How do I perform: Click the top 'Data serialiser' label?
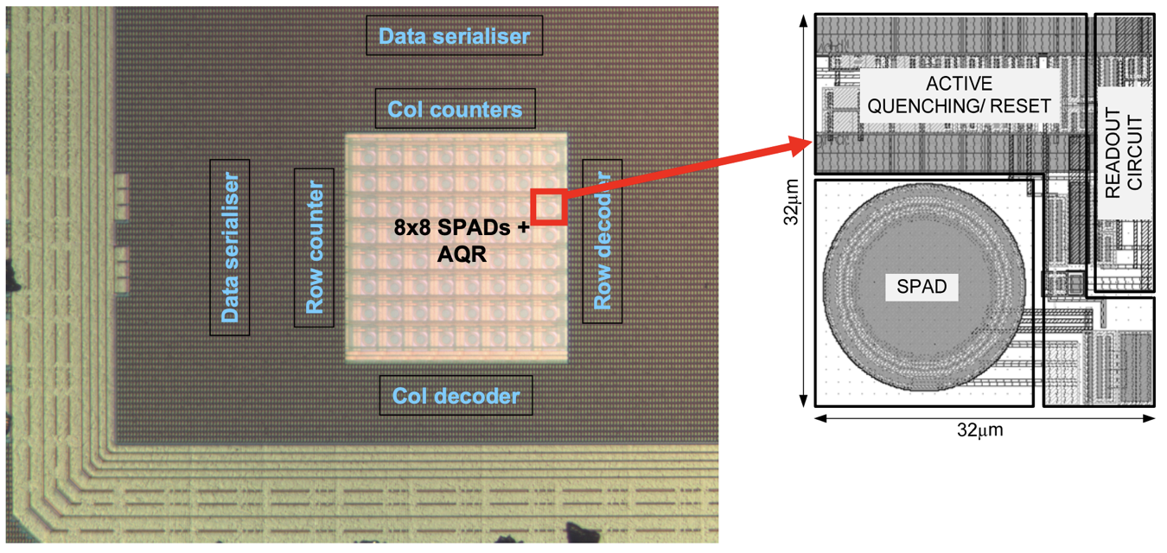click(455, 36)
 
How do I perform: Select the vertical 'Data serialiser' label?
click(230, 247)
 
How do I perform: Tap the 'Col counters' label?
click(455, 110)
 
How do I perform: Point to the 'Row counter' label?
click(314, 247)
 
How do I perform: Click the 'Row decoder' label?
click(603, 240)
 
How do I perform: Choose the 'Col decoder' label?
click(456, 397)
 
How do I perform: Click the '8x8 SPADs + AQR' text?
click(462, 240)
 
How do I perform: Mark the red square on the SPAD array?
click(549, 207)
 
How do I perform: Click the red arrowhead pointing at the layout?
click(800, 145)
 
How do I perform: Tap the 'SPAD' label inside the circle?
click(921, 286)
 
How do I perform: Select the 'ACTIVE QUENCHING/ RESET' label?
click(960, 95)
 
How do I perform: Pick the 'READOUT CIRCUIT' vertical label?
click(1123, 153)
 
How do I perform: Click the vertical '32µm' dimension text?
click(791, 202)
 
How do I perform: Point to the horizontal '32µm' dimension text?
click(980, 430)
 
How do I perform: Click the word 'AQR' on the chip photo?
click(462, 254)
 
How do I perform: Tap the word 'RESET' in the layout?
click(1021, 106)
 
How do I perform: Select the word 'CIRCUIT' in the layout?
click(1135, 153)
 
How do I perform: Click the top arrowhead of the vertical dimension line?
click(803, 21)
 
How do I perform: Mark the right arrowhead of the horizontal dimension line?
click(1149, 418)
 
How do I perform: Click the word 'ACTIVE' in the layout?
click(960, 83)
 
